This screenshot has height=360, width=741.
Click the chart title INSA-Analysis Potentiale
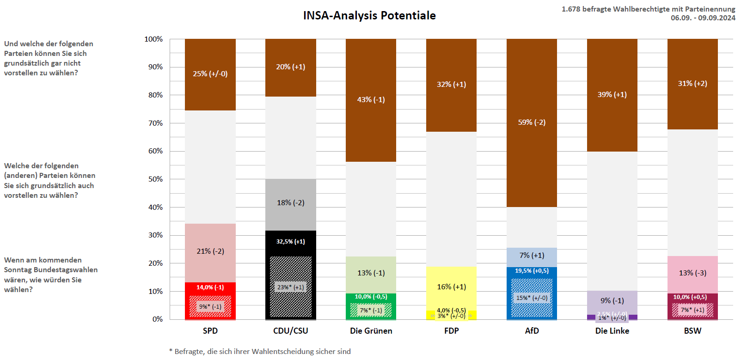pyautogui.click(x=369, y=15)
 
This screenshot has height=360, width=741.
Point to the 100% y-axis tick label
pyautogui.click(x=153, y=39)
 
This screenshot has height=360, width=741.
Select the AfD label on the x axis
pyautogui.click(x=532, y=331)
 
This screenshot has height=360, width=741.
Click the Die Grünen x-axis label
pyautogui.click(x=371, y=331)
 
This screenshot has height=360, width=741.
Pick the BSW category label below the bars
pyautogui.click(x=692, y=331)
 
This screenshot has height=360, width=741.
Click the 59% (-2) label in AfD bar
pyautogui.click(x=532, y=122)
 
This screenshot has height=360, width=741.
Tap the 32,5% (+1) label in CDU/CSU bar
pyautogui.click(x=290, y=242)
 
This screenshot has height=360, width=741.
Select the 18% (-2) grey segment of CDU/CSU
pyautogui.click(x=290, y=203)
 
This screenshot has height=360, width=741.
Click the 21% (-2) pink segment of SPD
pyautogui.click(x=210, y=251)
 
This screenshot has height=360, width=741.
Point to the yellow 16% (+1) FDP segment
pyautogui.click(x=451, y=287)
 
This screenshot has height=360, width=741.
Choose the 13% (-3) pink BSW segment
pyautogui.click(x=692, y=273)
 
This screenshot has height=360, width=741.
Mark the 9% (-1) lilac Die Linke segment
pyautogui.click(x=612, y=301)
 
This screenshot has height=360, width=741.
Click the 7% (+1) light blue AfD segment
pyautogui.click(x=532, y=256)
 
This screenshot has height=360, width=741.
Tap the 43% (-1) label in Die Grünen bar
pyautogui.click(x=371, y=100)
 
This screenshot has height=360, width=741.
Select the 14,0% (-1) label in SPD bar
pyautogui.click(x=210, y=287)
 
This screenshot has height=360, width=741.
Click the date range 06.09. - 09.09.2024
pyautogui.click(x=703, y=18)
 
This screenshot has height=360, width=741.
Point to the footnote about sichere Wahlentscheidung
pyautogui.click(x=260, y=352)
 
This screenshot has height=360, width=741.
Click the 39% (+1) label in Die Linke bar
pyautogui.click(x=612, y=95)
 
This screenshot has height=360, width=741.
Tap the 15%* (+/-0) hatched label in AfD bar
pyautogui.click(x=532, y=298)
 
